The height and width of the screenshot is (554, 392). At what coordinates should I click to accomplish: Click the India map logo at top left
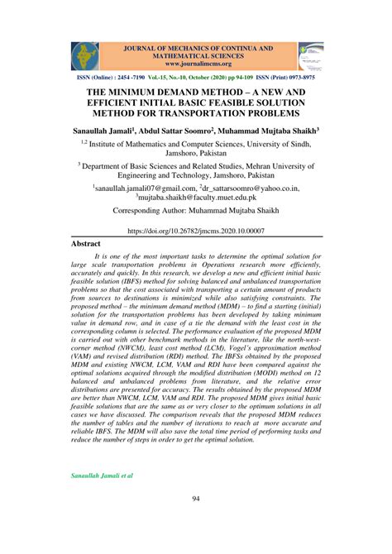pos(83,55)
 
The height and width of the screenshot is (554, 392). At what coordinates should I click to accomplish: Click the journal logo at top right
pos(310,55)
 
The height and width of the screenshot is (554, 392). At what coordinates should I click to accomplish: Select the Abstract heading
pos(84,244)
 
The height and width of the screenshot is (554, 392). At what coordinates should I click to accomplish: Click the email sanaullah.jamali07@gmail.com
pos(147,189)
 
